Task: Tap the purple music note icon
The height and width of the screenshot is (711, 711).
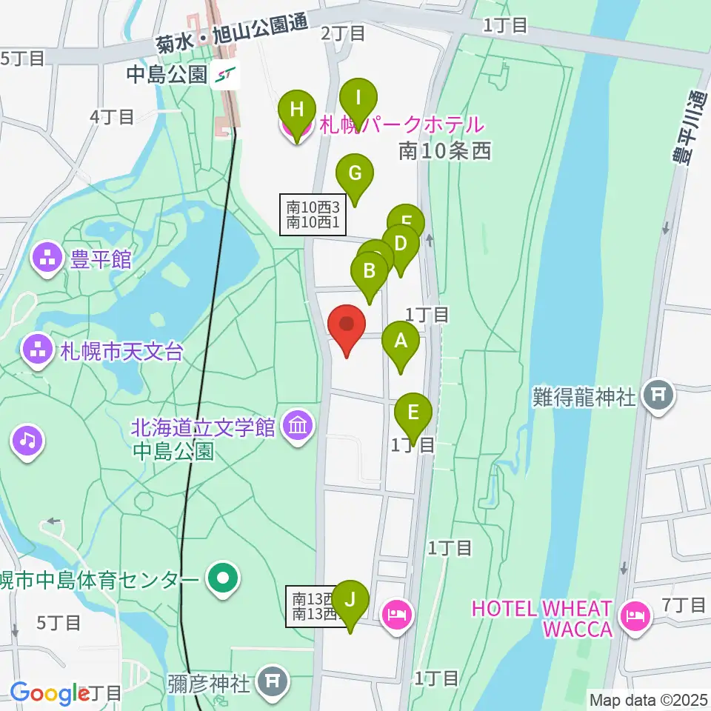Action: coord(27,441)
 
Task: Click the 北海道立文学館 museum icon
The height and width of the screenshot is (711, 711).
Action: coord(298,427)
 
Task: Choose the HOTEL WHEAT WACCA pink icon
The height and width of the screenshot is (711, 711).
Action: coord(635,615)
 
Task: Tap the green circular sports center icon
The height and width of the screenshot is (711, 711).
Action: coord(221,579)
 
